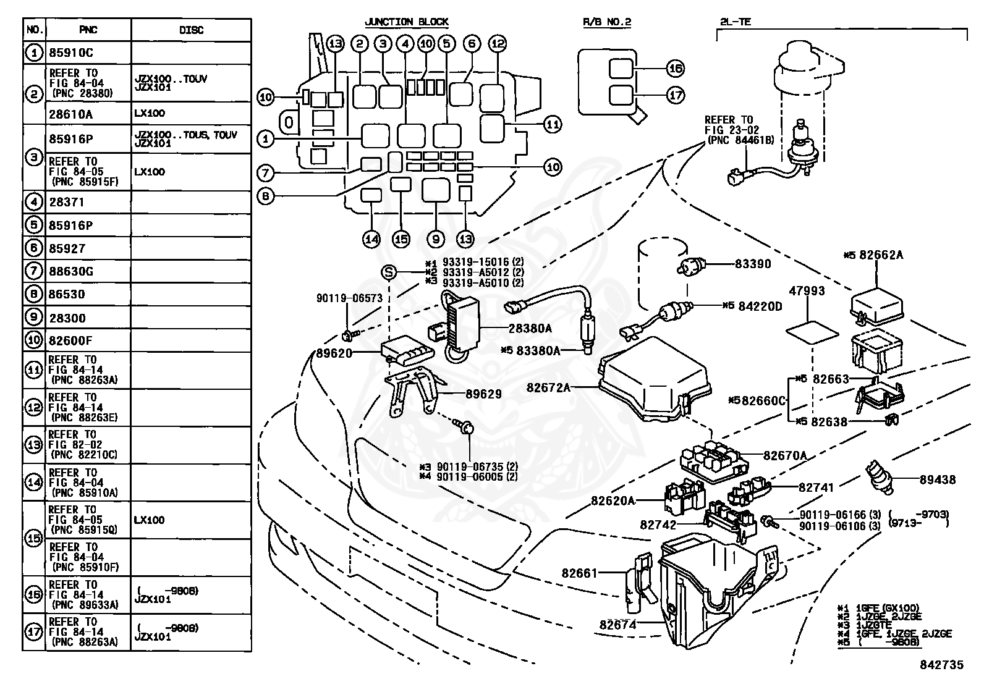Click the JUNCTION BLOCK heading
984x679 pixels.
pos(407,22)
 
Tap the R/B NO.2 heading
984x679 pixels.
pos(606,22)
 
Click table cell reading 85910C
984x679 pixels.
pos(71,53)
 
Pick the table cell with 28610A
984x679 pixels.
pos(70,114)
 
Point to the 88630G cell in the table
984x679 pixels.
pos(71,271)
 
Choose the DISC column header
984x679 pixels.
pos(191,30)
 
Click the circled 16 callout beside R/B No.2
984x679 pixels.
pos(675,69)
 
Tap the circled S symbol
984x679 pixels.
pos(389,272)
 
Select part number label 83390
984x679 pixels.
pos(753,264)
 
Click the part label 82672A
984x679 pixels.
pos(548,387)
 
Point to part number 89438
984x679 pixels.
pos(938,479)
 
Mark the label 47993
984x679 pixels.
pos(807,291)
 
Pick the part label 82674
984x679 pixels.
pos(618,625)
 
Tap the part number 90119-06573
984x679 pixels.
pos(350,298)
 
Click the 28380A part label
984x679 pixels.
pos(530,329)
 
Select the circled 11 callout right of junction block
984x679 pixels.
pos(552,124)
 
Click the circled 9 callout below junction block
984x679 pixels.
pos(436,239)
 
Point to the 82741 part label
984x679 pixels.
pos(816,487)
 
